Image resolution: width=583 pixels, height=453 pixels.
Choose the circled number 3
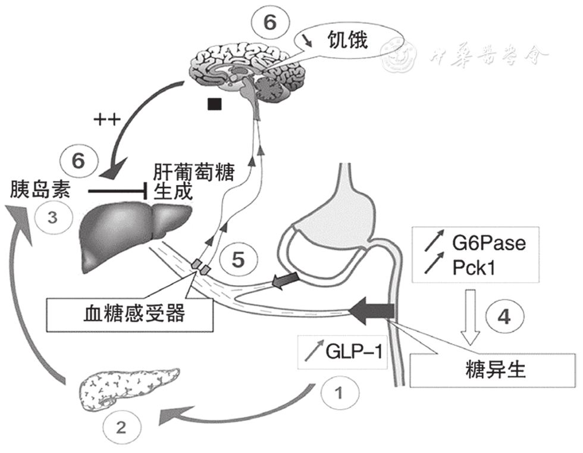click(x=52, y=217)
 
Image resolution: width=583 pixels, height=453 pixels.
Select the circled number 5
click(x=236, y=260)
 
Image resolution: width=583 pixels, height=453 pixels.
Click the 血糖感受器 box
click(x=130, y=313)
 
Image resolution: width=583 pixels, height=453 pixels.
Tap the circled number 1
click(x=338, y=392)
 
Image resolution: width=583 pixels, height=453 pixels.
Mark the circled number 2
click(x=121, y=426)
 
